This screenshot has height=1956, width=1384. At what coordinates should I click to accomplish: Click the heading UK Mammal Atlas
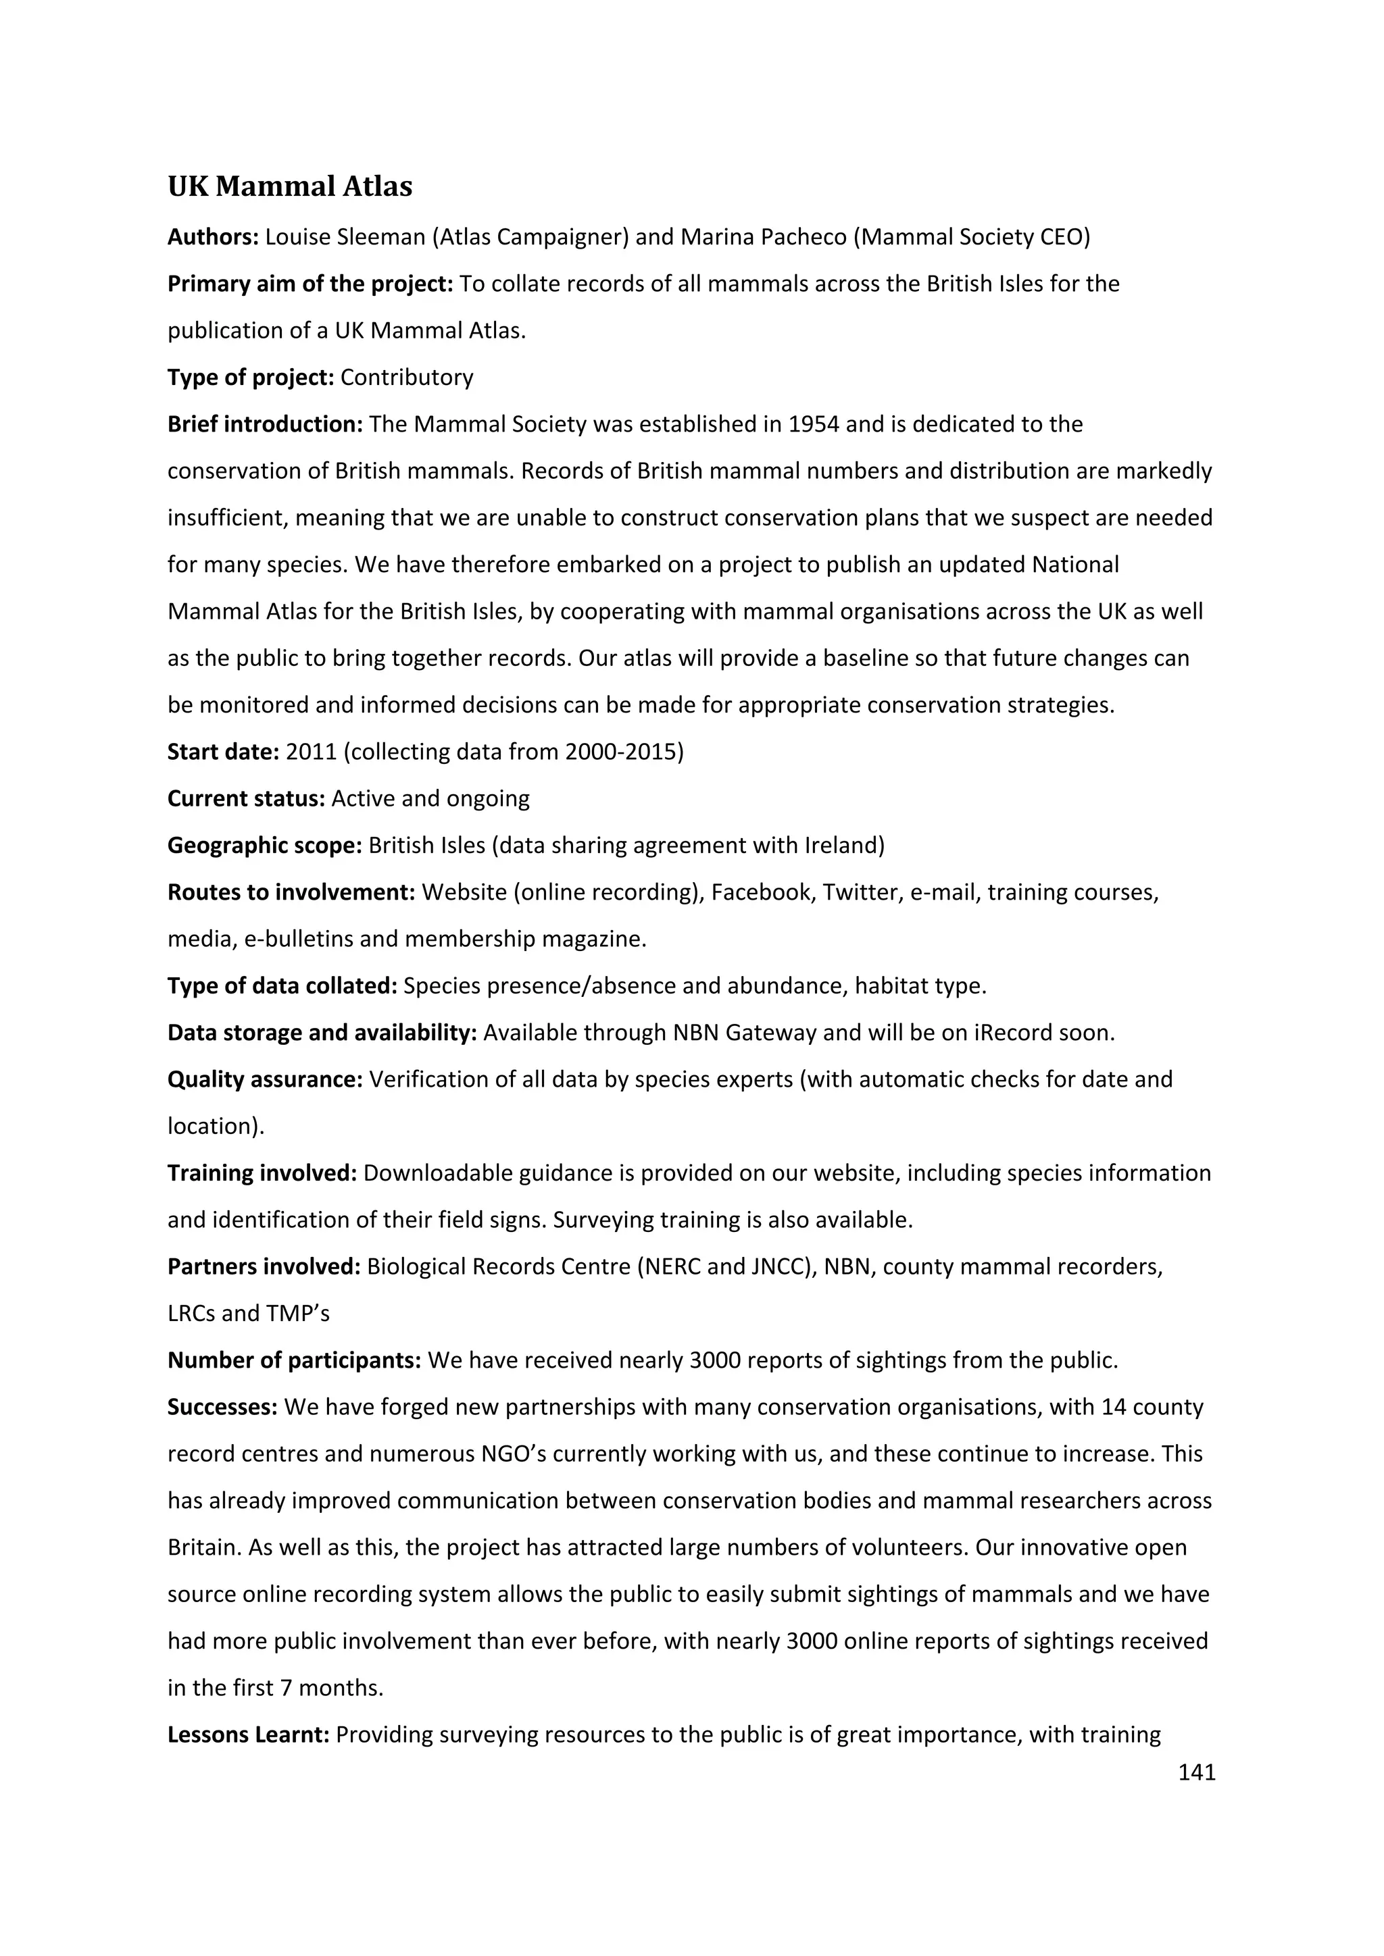(290, 186)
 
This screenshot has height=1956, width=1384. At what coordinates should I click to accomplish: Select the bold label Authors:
(213, 237)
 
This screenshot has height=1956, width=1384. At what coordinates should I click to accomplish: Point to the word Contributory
(407, 378)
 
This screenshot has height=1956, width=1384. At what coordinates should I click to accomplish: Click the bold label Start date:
(223, 751)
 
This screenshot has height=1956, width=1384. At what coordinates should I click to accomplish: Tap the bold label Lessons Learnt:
(248, 1734)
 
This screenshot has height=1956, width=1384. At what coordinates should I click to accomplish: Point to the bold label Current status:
(246, 798)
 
